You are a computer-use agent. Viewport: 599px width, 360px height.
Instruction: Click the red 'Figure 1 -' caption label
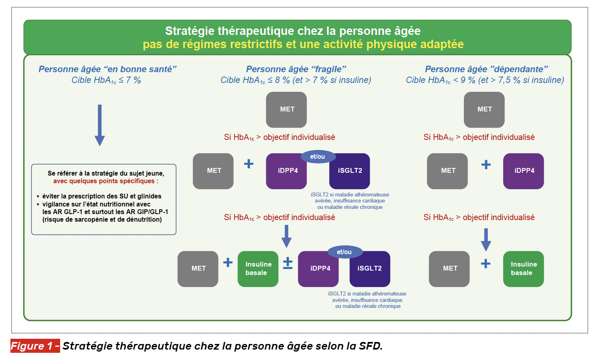pyautogui.click(x=35, y=346)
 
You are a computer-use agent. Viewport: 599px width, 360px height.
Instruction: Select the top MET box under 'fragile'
pyautogui.click(x=287, y=109)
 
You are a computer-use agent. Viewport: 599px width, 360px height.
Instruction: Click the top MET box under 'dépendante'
pyautogui.click(x=484, y=109)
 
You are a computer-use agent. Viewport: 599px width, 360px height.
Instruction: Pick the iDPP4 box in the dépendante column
pyautogui.click(x=524, y=171)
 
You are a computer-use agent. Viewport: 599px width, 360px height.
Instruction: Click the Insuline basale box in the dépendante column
pyautogui.click(x=523, y=269)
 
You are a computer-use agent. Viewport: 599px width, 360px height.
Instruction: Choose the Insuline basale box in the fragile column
pyautogui.click(x=258, y=269)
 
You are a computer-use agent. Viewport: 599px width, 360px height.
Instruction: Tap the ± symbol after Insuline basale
pyautogui.click(x=288, y=263)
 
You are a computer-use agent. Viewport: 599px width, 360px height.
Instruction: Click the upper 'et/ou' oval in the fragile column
pyautogui.click(x=318, y=157)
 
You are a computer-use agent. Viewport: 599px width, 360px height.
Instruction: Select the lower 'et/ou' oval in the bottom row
pyautogui.click(x=344, y=252)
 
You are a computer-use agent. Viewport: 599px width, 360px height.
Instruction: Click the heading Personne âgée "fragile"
pyautogui.click(x=296, y=69)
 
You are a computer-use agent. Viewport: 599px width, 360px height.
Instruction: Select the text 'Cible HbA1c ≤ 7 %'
pyautogui.click(x=106, y=80)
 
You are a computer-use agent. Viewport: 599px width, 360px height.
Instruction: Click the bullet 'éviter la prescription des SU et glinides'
pyautogui.click(x=101, y=196)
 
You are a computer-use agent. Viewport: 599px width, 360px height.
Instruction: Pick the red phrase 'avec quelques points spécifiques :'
pyautogui.click(x=106, y=181)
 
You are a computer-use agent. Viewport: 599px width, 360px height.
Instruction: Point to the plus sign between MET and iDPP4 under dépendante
pyautogui.click(x=486, y=165)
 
